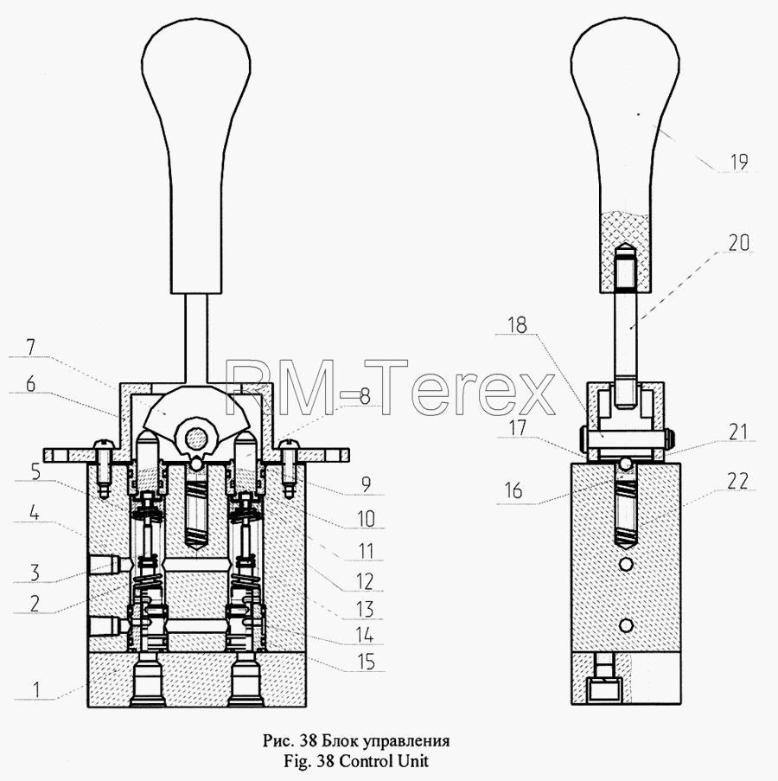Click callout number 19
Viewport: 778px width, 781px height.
pyautogui.click(x=739, y=162)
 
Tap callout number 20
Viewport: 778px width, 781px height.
pyautogui.click(x=739, y=243)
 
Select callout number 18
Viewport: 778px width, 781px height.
pyautogui.click(x=517, y=325)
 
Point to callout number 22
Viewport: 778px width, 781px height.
pyautogui.click(x=737, y=481)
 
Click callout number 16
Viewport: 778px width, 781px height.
pyautogui.click(x=513, y=490)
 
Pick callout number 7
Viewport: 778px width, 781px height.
pyautogui.click(x=31, y=347)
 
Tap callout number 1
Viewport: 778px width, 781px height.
pyautogui.click(x=35, y=690)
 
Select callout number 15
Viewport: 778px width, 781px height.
pyautogui.click(x=366, y=662)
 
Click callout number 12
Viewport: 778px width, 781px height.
pyautogui.click(x=364, y=581)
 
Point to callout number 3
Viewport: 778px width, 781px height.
pyautogui.click(x=35, y=573)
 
